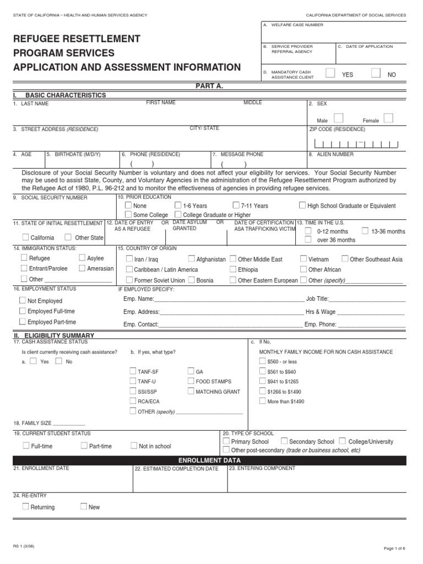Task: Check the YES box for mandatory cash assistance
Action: (329, 73)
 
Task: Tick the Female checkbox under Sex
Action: (388, 118)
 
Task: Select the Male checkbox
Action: (339, 118)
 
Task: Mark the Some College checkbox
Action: (128, 214)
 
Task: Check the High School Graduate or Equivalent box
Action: (302, 205)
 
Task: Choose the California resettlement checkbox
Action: (26, 237)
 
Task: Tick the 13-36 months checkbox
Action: (366, 231)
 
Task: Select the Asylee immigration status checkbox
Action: (82, 258)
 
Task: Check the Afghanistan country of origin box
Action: (191, 259)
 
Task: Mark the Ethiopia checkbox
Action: (233, 269)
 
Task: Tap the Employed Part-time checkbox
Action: (22, 322)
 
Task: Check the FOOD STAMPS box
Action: (191, 381)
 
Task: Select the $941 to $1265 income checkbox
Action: (262, 381)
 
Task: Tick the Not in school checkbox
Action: (134, 446)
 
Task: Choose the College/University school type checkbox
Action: (343, 441)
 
